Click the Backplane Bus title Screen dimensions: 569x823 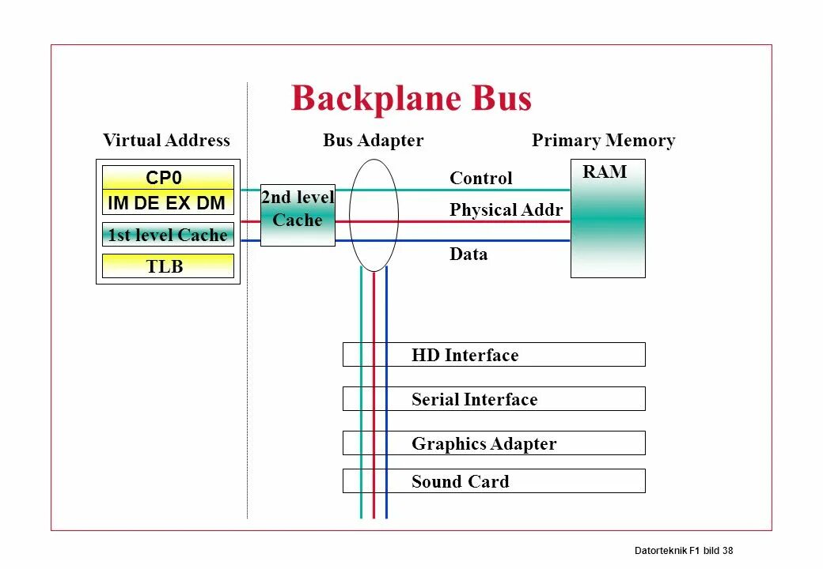(x=411, y=99)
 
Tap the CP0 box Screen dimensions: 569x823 (x=168, y=178)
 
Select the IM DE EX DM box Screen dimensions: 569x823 (x=168, y=203)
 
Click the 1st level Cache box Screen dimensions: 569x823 (x=168, y=235)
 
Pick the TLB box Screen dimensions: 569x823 (x=168, y=266)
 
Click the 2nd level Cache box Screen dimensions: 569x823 (x=298, y=210)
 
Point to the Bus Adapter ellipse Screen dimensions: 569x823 (x=374, y=215)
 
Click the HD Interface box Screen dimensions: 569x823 (x=494, y=355)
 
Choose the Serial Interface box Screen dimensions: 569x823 (x=494, y=399)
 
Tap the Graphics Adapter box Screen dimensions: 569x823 (x=494, y=443)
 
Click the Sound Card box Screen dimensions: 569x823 (x=494, y=481)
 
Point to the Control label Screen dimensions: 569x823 (x=480, y=179)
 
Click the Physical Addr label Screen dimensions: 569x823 (x=506, y=210)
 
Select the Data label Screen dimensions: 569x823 (x=468, y=254)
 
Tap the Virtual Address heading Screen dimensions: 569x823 (x=166, y=141)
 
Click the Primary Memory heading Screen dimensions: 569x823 (x=603, y=141)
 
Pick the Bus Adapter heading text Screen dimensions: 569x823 (x=373, y=141)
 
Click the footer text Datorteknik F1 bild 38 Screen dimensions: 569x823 (x=684, y=550)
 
